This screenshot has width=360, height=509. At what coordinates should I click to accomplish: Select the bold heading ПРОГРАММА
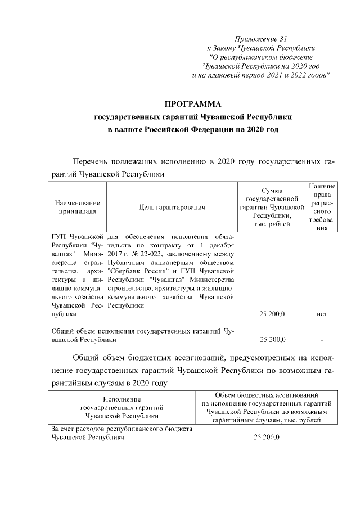193,104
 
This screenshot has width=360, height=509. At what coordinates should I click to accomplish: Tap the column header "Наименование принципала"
78,207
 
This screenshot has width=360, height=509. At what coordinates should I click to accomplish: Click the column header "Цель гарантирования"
172,208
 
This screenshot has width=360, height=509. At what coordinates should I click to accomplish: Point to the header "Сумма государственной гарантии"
272,208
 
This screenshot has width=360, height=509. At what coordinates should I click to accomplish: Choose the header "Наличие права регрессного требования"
322,208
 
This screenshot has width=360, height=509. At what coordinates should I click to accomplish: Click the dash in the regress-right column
322,340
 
